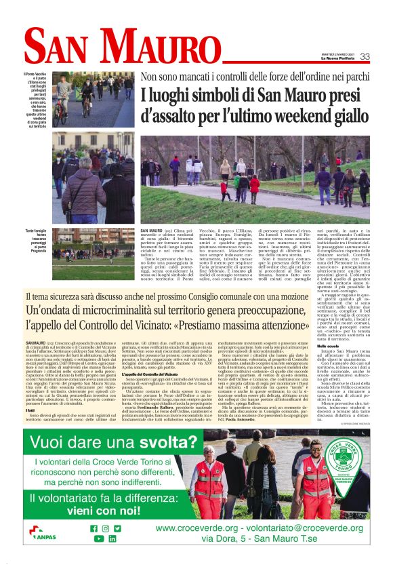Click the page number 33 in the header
[x=365, y=56]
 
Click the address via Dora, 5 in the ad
[x=246, y=539]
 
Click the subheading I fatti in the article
[x=32, y=392]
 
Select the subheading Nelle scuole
[x=309, y=346]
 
